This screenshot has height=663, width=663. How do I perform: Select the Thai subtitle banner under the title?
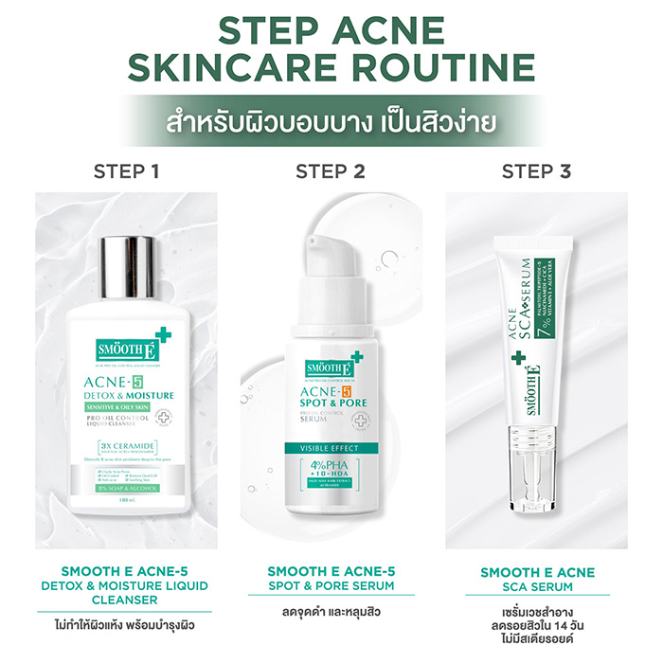click(331, 123)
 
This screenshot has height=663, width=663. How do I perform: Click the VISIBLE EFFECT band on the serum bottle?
click(331, 448)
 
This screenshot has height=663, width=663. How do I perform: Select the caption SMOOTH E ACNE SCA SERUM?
click(537, 579)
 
